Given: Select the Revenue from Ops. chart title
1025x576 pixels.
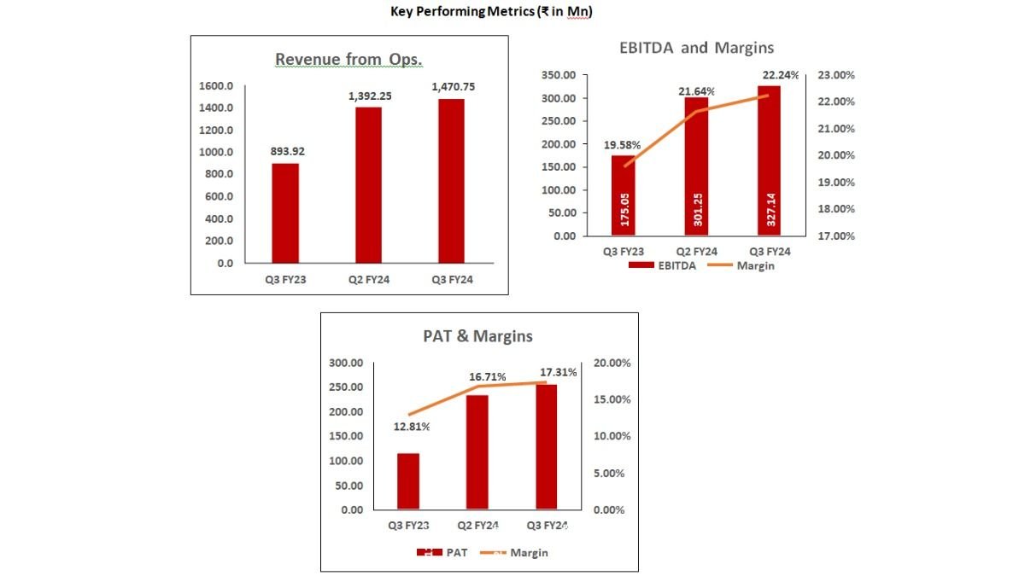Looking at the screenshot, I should pyautogui.click(x=348, y=59).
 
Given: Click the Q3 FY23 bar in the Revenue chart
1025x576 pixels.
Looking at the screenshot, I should pyautogui.click(x=285, y=212).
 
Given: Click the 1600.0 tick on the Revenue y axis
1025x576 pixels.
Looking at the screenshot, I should pyautogui.click(x=217, y=86).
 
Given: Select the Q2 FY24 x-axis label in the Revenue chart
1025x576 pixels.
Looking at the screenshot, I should pyautogui.click(x=368, y=280).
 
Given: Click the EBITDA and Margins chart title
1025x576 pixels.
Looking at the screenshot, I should pyautogui.click(x=696, y=47).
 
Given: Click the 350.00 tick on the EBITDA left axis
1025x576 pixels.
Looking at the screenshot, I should pyautogui.click(x=558, y=75).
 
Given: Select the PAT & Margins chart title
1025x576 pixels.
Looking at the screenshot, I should pyautogui.click(x=477, y=336).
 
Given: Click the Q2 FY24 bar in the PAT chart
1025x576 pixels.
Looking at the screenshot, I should pyautogui.click(x=477, y=452).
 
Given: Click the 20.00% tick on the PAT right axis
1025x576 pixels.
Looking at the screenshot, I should pyautogui.click(x=612, y=364).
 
